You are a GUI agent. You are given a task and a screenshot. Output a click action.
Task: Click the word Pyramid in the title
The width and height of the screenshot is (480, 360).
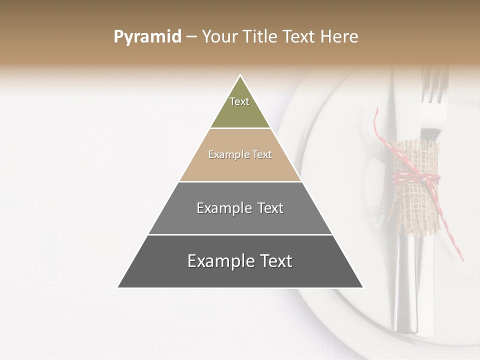click(147, 37)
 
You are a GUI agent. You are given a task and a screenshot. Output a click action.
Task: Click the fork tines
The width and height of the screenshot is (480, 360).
click(434, 85)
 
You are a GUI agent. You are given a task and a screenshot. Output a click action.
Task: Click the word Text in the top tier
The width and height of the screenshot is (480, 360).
click(239, 101)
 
